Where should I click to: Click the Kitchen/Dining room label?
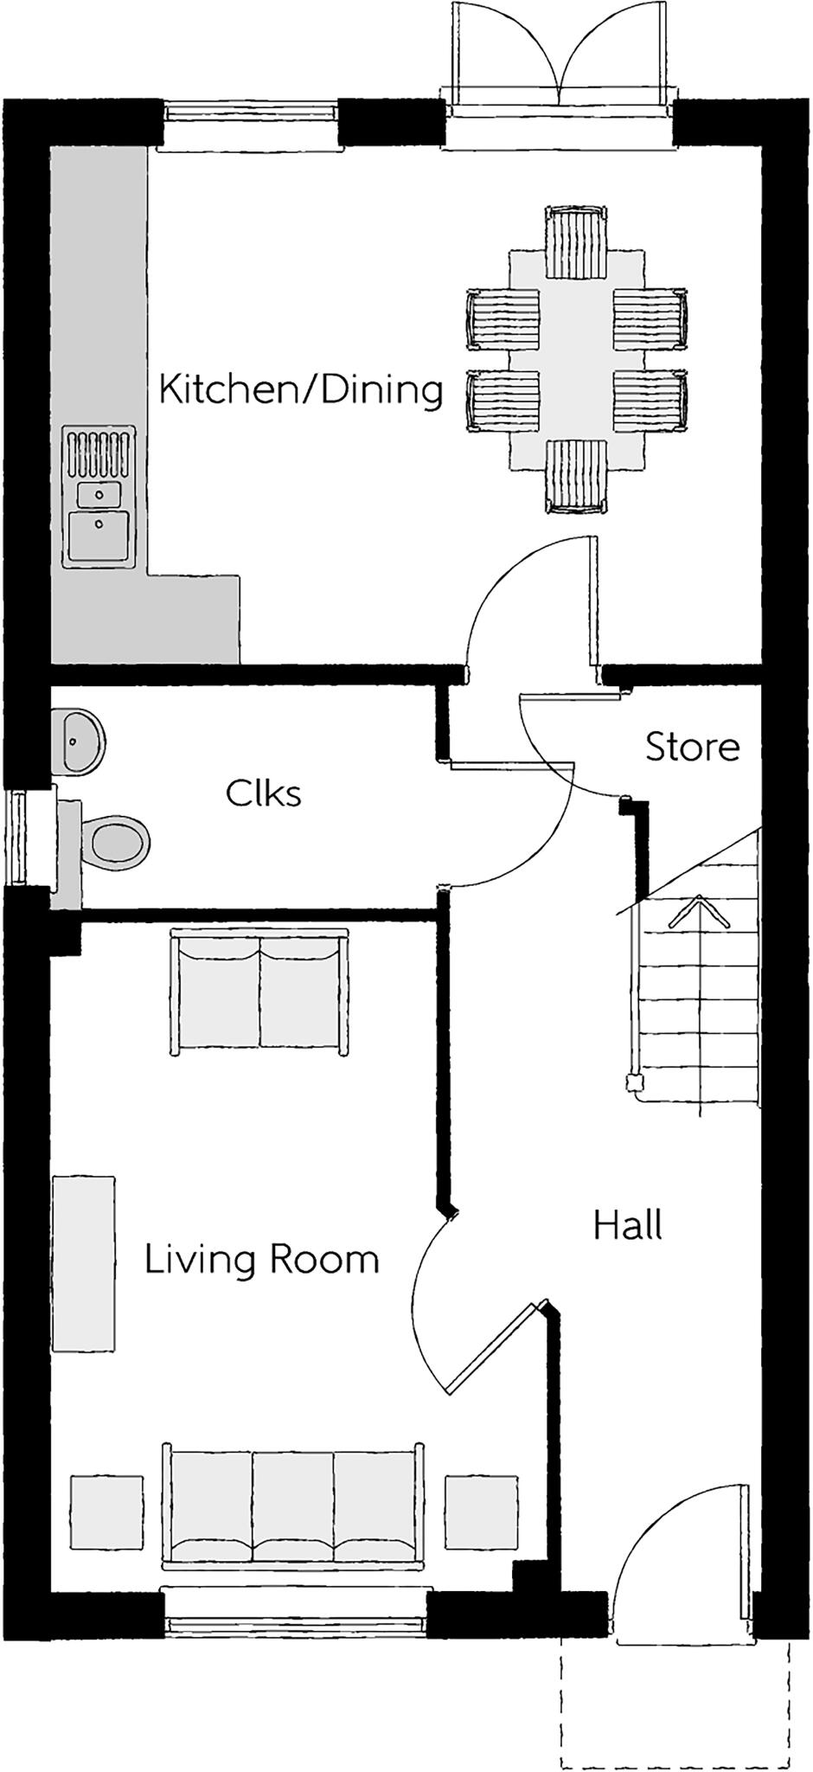coord(301,390)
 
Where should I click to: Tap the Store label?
coord(692,747)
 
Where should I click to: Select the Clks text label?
coord(264,793)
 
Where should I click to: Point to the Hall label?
coord(628,1226)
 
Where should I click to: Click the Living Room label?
coord(261,1259)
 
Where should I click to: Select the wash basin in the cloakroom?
coord(80,741)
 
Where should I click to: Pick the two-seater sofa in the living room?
coord(260,992)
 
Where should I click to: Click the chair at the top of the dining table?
coord(575,242)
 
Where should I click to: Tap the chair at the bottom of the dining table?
coord(575,476)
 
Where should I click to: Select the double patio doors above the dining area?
coord(560,61)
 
